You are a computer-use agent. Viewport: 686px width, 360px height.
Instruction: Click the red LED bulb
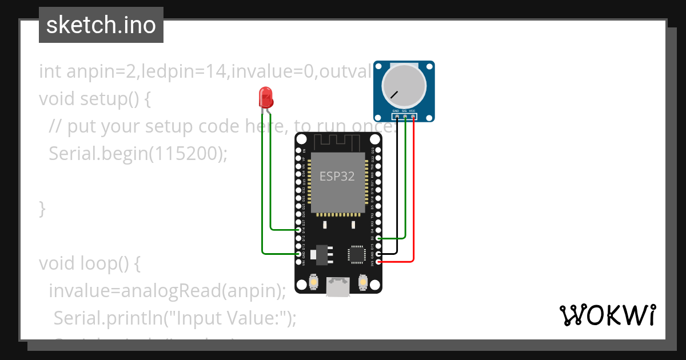pos(266,98)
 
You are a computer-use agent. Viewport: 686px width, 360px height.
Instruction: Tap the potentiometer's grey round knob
pos(404,86)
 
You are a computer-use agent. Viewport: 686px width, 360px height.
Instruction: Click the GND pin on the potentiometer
pos(397,117)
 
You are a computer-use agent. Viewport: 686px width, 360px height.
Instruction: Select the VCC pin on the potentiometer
pos(413,117)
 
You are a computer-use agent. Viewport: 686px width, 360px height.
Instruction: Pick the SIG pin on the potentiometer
pos(405,117)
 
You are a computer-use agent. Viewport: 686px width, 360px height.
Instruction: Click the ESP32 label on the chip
pos(337,177)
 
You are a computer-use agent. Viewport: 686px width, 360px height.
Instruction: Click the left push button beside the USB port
pos(314,282)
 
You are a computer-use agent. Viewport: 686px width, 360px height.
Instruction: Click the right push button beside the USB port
pos(362,282)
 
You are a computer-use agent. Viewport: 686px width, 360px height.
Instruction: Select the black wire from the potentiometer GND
pos(397,189)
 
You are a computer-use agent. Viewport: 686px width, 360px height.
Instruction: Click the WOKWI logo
pos(607,315)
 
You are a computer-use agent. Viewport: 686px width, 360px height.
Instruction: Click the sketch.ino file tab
pos(101,25)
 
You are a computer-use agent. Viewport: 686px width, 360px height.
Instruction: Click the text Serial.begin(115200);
pos(138,153)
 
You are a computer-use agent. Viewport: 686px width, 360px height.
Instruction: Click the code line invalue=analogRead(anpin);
pos(167,290)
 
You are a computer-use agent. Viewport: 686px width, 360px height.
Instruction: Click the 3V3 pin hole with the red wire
pos(378,262)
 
